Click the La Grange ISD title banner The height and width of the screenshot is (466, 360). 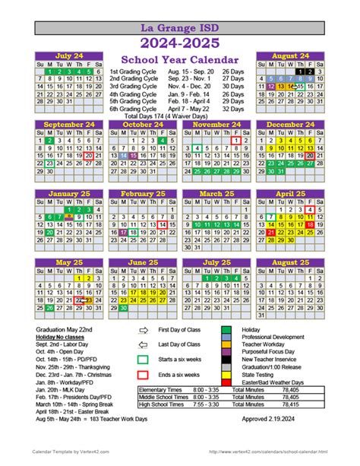(179, 29)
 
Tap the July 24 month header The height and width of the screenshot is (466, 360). (68, 56)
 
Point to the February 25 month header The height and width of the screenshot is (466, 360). (142, 194)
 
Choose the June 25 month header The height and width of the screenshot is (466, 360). (142, 262)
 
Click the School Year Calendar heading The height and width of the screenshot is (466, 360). (179, 59)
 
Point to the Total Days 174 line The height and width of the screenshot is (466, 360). (179, 116)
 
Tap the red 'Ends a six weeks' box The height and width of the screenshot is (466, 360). (143, 374)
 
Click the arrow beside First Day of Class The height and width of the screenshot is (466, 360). (143, 331)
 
